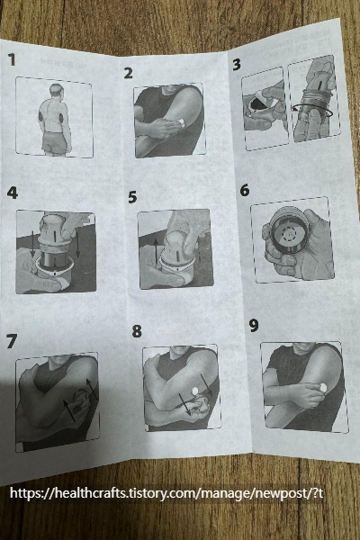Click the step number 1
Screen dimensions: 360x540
click(12, 59)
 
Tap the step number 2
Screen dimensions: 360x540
click(128, 73)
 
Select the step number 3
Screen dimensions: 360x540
click(237, 65)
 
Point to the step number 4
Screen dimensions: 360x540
click(12, 193)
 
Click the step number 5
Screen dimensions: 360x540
click(132, 197)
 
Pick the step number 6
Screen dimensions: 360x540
click(245, 190)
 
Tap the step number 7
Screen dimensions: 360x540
click(12, 341)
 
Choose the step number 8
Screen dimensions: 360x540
click(137, 331)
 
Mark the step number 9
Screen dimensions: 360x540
click(254, 326)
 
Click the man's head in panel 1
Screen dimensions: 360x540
click(57, 90)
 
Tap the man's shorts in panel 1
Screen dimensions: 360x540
click(56, 142)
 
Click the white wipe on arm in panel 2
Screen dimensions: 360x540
click(181, 122)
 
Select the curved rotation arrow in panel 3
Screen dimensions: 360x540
click(312, 111)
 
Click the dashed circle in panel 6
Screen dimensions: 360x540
click(289, 234)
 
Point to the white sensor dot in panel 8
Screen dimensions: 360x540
click(194, 391)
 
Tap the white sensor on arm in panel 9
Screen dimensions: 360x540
click(323, 387)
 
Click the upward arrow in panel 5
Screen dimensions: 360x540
click(156, 252)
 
